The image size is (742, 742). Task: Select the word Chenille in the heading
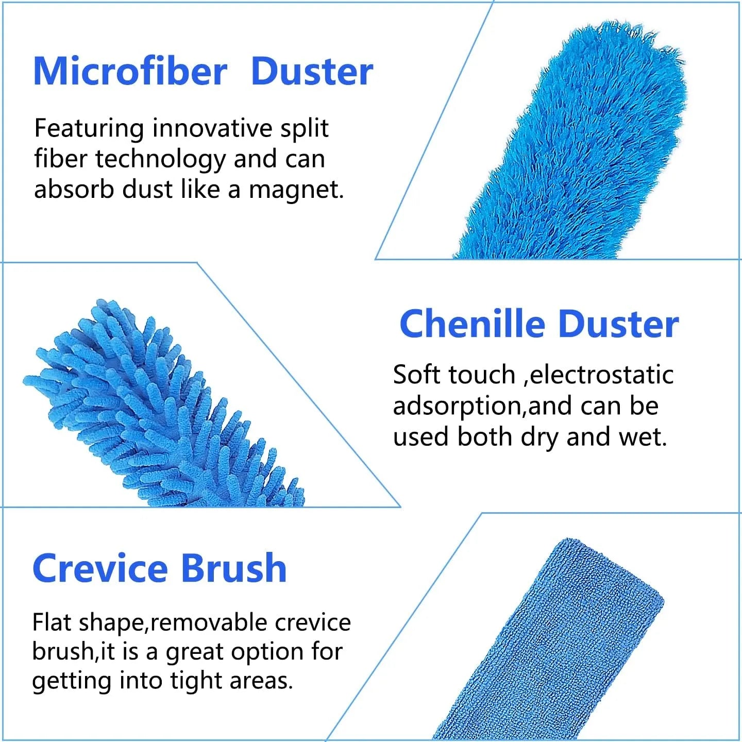pos(472,324)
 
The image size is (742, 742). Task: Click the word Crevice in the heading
pos(100,568)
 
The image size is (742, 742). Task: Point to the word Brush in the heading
pos(234,568)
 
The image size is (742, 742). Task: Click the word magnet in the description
pos(296,190)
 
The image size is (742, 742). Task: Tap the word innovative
pos(212,128)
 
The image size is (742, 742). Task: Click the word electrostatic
pos(601,375)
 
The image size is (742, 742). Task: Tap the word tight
pos(197,681)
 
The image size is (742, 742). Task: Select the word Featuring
pos(89,129)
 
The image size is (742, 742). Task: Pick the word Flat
pos(52,622)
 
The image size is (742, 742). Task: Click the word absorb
pos(74,190)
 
